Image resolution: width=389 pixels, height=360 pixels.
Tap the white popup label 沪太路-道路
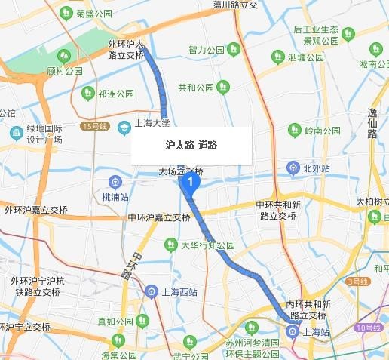click(x=191, y=144)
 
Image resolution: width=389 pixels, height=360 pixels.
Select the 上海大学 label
click(x=152, y=122)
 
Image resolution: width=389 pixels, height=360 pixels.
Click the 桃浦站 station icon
click(x=115, y=181)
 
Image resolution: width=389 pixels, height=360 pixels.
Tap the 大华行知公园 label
click(x=208, y=245)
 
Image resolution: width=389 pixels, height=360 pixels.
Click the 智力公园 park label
click(x=207, y=51)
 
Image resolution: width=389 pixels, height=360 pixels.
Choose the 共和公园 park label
click(x=196, y=88)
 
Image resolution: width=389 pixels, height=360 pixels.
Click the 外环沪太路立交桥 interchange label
click(x=127, y=49)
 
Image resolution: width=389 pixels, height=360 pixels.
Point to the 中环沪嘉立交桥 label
click(x=159, y=217)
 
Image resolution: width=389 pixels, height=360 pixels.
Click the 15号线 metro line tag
click(x=98, y=126)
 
